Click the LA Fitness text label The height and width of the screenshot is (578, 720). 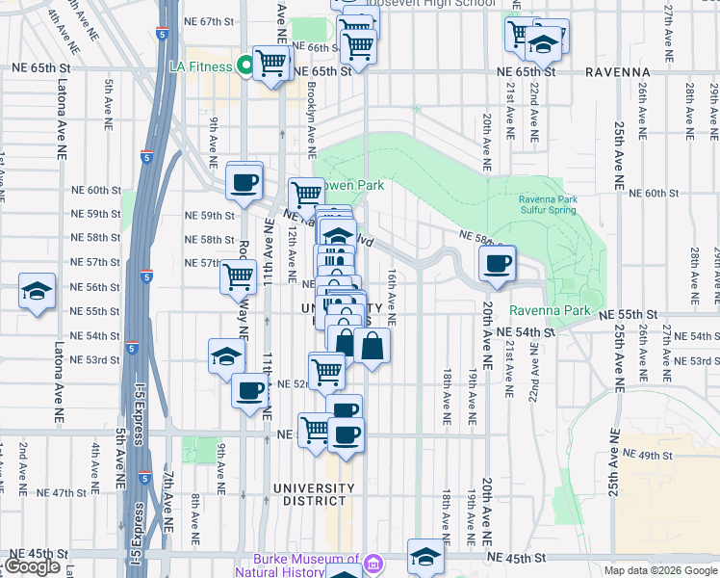(200, 66)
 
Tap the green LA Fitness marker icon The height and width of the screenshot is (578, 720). (245, 66)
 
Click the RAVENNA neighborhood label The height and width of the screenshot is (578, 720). (615, 72)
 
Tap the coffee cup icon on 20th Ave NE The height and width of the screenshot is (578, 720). (498, 262)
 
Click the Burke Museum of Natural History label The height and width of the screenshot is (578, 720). (305, 565)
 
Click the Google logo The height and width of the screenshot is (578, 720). (32, 566)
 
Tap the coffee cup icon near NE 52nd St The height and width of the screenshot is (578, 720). (250, 391)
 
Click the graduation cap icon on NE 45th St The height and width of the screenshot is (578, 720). (424, 556)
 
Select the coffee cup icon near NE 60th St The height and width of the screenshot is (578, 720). (244, 179)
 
